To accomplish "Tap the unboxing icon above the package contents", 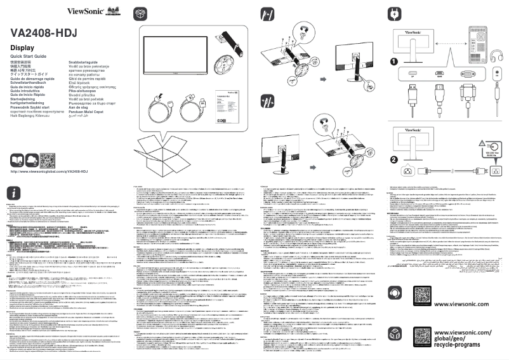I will click(x=141, y=13).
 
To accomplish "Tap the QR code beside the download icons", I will click(x=48, y=159).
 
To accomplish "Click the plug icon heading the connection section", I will click(x=393, y=13).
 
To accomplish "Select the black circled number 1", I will click(x=394, y=62).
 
